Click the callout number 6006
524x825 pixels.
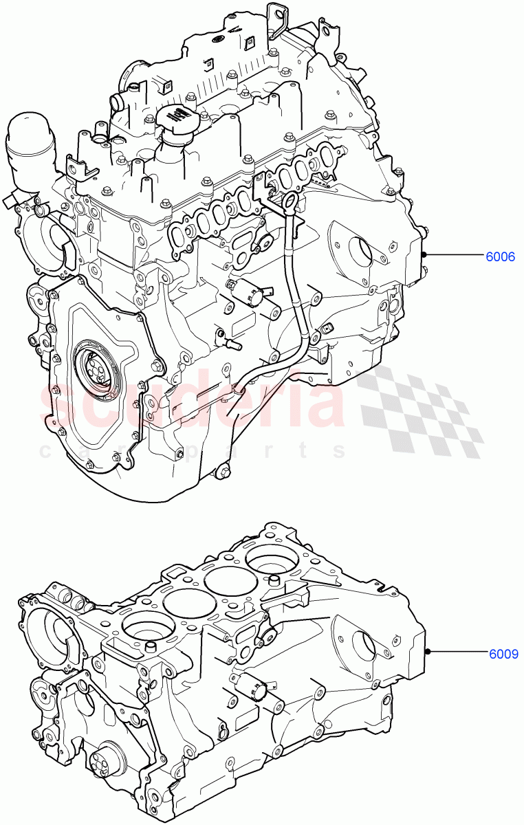501,257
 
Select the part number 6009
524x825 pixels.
504,654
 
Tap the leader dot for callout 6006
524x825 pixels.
426,255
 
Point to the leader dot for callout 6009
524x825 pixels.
428,652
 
